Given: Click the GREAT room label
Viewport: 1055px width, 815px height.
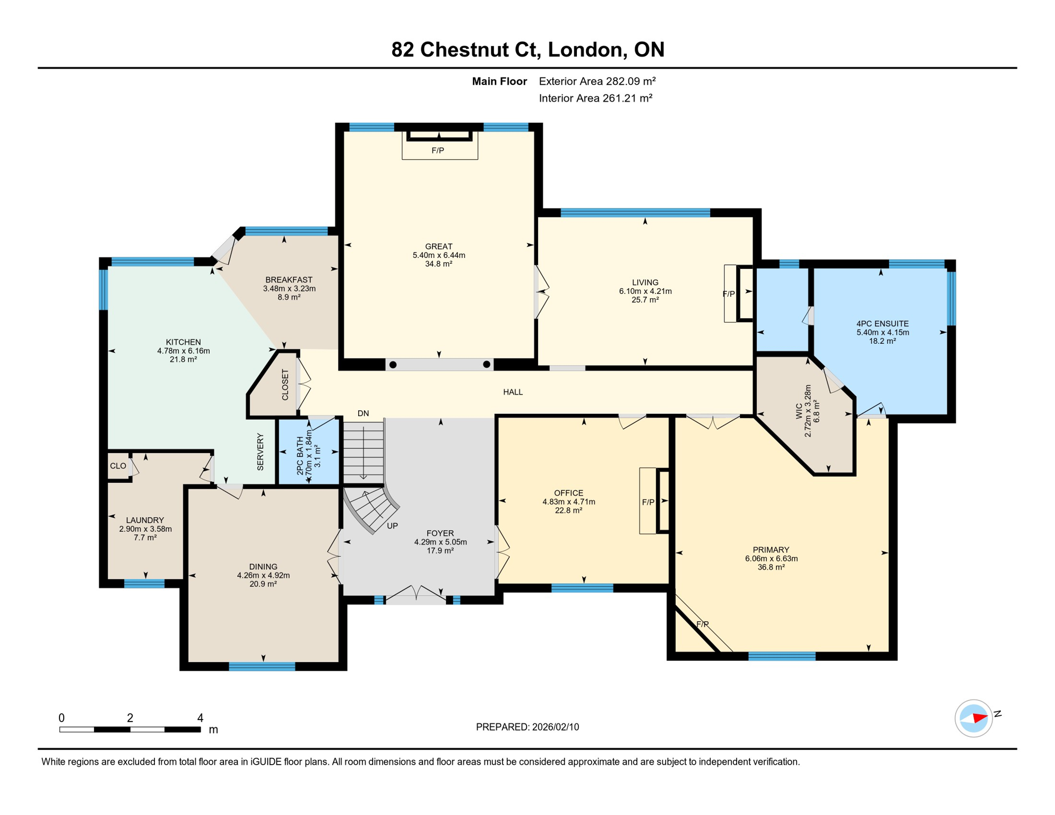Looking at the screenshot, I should [438, 246].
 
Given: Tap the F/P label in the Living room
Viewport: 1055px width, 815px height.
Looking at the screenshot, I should [729, 294].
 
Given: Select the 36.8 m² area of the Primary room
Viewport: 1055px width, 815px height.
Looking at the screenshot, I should [771, 567].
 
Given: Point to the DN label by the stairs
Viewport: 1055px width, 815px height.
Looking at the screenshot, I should [363, 413].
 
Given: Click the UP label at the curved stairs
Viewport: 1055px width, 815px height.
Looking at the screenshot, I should [392, 526].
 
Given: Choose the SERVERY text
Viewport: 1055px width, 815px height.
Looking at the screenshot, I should [260, 452].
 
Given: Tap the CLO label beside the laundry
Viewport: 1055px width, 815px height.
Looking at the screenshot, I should [118, 466].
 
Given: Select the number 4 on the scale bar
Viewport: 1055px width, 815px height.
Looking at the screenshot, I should [200, 718].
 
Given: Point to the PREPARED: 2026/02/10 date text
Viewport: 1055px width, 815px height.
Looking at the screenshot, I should [527, 727].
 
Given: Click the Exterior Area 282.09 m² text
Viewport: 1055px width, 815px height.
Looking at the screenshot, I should [597, 81].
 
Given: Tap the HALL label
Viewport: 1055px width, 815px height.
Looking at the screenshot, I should [513, 392].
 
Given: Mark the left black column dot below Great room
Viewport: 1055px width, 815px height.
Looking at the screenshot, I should [393, 365].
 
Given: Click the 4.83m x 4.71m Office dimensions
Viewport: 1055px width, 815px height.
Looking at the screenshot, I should [568, 501].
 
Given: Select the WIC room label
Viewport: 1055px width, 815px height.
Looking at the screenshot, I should [799, 411].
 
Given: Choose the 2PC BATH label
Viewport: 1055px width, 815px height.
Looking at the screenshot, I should [300, 455].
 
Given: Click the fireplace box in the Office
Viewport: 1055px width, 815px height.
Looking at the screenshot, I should [648, 501].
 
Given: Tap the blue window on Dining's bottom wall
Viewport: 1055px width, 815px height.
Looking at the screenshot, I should [262, 666].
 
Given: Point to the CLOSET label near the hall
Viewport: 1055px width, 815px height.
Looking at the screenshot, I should [285, 385].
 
